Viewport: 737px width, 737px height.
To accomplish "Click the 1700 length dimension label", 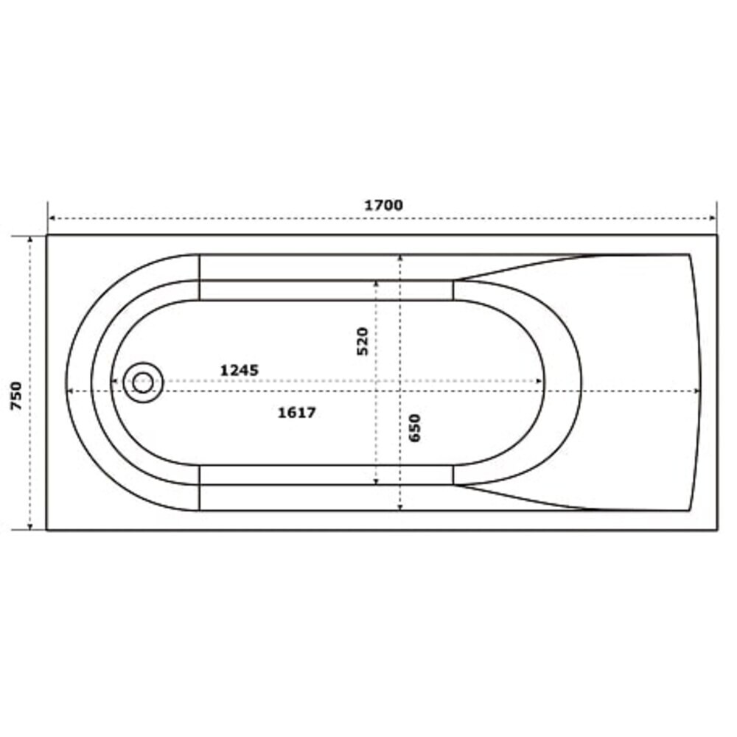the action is (x=383, y=206).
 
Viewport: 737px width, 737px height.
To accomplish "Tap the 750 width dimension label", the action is (x=16, y=396).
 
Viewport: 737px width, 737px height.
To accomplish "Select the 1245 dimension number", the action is (x=240, y=371).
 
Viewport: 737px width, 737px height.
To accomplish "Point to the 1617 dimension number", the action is (x=296, y=413).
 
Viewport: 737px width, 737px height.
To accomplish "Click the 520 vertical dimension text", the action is (x=363, y=341).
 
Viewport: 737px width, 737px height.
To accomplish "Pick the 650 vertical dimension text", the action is (x=414, y=427).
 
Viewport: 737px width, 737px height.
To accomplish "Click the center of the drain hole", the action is (x=143, y=383).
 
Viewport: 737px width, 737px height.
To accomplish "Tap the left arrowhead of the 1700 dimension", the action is (x=52, y=218).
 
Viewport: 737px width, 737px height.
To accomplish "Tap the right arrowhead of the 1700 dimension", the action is (x=713, y=218).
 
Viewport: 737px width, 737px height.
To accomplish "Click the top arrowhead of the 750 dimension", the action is (x=30, y=240).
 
